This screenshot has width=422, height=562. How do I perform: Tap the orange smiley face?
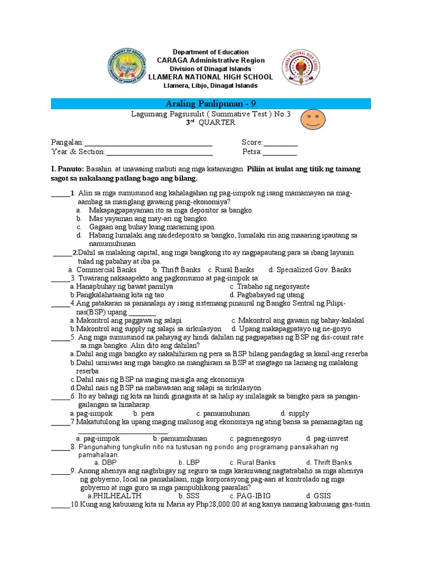(313, 119)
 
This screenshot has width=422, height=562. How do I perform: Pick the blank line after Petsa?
(279, 152)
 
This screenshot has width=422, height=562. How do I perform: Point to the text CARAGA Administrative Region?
(210, 60)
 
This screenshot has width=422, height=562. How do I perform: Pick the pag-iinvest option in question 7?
(331, 439)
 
